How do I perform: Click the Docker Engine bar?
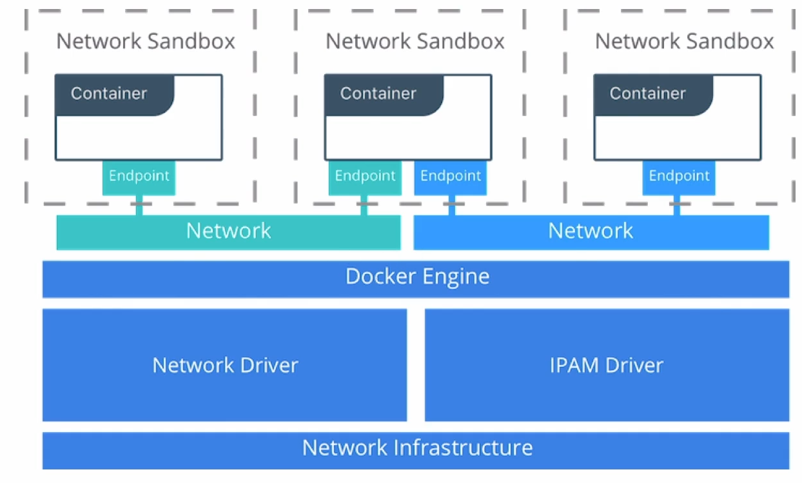pyautogui.click(x=416, y=279)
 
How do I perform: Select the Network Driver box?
pyautogui.click(x=224, y=365)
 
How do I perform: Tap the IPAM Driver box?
pyautogui.click(x=607, y=365)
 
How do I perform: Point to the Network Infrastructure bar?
pyautogui.click(x=416, y=449)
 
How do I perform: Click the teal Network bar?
pyautogui.click(x=228, y=232)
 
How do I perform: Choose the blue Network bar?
pyautogui.click(x=591, y=232)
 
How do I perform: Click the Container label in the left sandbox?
pyautogui.click(x=109, y=94)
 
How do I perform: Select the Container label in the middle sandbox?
pyautogui.click(x=378, y=94)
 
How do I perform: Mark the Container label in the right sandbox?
pyautogui.click(x=648, y=94)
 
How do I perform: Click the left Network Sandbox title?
pyautogui.click(x=146, y=41)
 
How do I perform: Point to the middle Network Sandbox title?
pyautogui.click(x=415, y=41)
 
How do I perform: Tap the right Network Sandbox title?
pyautogui.click(x=685, y=41)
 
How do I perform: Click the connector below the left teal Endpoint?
pyautogui.click(x=139, y=206)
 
